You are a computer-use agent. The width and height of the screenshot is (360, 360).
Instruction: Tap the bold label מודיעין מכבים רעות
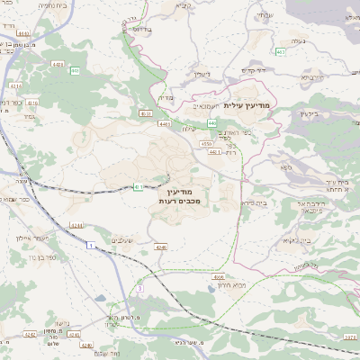point(186,198)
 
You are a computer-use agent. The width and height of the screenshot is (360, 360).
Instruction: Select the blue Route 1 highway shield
point(91,244)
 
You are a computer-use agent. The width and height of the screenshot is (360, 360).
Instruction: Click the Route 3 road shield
point(140,288)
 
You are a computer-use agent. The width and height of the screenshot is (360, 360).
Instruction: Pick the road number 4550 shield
point(207,143)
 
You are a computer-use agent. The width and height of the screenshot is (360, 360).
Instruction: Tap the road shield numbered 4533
point(146,113)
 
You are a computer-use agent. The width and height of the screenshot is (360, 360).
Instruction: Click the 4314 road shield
point(16,87)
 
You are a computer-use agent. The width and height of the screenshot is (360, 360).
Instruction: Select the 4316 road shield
point(33,103)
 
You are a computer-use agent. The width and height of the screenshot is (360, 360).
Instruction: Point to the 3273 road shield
point(350,337)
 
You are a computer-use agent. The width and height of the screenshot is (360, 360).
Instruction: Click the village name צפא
point(286,167)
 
